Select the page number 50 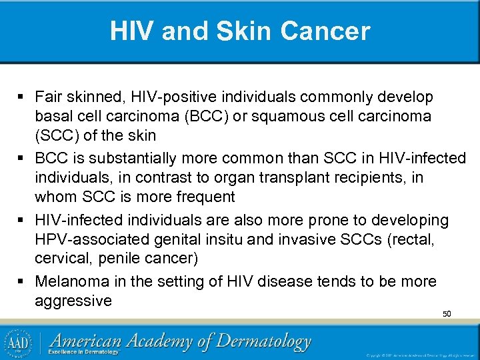[447, 313]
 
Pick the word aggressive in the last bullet [73, 301]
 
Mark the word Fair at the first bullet [49, 98]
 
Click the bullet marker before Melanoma [25, 282]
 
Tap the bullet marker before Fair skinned [25, 98]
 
